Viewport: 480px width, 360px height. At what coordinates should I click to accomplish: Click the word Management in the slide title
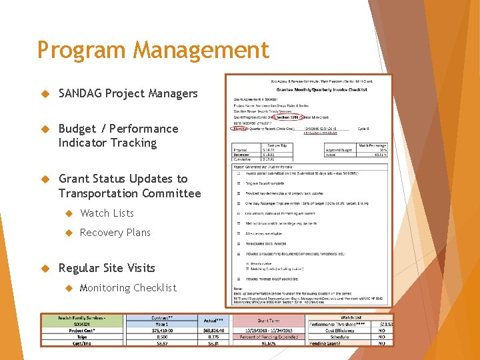[x=201, y=51]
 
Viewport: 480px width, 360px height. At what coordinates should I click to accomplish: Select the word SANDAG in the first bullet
[x=80, y=93]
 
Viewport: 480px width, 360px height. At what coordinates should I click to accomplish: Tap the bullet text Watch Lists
[x=107, y=213]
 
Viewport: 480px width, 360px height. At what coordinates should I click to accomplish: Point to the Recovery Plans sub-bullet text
[x=115, y=233]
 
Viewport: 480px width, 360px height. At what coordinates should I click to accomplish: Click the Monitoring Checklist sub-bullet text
[x=128, y=288]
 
